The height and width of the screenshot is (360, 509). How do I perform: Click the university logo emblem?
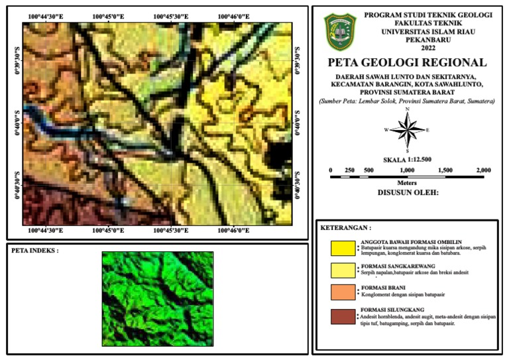pos(340,32)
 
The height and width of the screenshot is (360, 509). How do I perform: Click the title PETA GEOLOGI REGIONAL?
pos(407,63)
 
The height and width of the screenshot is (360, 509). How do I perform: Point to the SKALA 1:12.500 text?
pos(407,160)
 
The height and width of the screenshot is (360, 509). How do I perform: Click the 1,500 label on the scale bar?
pos(445,170)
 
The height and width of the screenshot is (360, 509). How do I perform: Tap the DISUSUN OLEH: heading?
pos(407,194)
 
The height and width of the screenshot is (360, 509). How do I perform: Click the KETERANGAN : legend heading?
pos(345,228)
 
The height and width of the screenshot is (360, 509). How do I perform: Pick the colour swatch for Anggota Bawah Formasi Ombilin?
pos(343,248)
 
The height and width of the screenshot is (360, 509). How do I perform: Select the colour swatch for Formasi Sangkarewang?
pos(343,269)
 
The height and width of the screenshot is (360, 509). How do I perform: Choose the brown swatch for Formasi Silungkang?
pos(343,316)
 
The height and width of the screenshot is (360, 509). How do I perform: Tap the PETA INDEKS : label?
pos(34,251)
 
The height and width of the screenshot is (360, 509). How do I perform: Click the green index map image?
pos(158,298)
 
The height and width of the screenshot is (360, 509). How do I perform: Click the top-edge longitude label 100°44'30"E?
pos(46,15)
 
